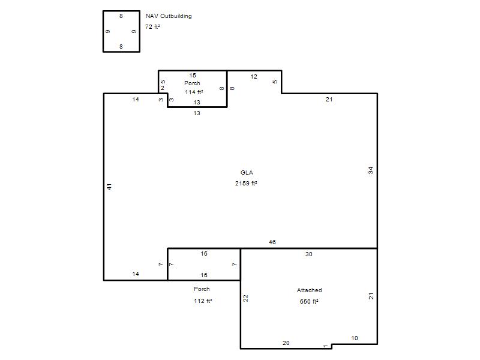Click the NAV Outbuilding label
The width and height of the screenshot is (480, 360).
pos(169,16)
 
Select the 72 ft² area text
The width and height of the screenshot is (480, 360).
pos(152,27)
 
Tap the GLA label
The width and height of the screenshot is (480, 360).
pos(247,173)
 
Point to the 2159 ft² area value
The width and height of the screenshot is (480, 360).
pos(246,184)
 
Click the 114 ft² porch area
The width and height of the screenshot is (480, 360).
pos(194,92)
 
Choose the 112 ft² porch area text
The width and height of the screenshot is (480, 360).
pos(203,301)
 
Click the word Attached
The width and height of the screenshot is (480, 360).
pos(309,290)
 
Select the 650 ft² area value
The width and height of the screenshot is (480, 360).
pos(309,302)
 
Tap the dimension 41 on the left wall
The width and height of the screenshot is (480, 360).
pos(109,187)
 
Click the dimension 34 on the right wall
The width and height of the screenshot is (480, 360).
pos(371,170)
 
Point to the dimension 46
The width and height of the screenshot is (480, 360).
pos(272,242)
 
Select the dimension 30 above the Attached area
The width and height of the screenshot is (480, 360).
pos(308,254)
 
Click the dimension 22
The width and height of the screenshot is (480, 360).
pos(245,298)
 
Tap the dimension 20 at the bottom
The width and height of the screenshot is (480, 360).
pos(286,343)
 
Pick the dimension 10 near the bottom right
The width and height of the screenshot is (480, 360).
pos(355,338)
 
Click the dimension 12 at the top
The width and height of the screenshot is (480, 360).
pos(254,77)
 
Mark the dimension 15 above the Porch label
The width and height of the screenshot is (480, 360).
pos(193,76)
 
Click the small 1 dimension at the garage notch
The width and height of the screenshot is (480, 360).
pos(325,346)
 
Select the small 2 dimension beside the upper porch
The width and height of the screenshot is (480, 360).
pos(163,88)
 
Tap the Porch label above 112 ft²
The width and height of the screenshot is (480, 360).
pos(202,289)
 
